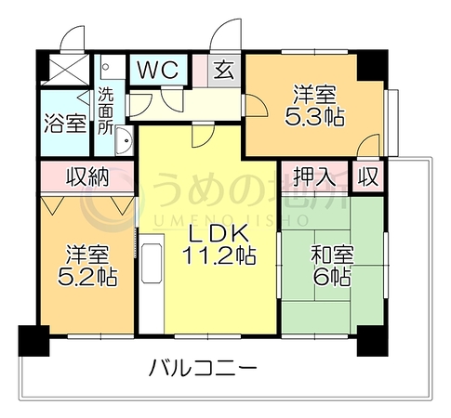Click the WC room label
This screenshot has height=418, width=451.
click(x=158, y=70)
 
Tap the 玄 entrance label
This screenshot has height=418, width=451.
click(x=224, y=71)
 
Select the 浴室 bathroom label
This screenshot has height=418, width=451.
click(x=65, y=124)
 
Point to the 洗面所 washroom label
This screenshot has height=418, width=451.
click(x=105, y=111)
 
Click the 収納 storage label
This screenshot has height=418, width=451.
click(x=88, y=177)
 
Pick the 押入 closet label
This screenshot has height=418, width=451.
click(x=315, y=177)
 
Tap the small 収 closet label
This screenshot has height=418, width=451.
click(x=368, y=177)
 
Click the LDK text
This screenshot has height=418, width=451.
click(x=219, y=233)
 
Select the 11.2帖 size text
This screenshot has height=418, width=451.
click(x=219, y=255)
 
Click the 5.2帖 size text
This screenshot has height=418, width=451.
click(x=87, y=277)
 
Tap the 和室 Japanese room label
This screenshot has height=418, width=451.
click(x=332, y=255)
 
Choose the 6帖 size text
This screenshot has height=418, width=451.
click(x=332, y=277)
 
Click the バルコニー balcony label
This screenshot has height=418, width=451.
click(x=203, y=368)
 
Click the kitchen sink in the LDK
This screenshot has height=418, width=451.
click(x=152, y=263)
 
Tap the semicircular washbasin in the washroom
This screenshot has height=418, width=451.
click(x=125, y=141)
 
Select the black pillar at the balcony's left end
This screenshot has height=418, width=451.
click(x=33, y=341)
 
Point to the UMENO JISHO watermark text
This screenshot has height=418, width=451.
click(x=231, y=220)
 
